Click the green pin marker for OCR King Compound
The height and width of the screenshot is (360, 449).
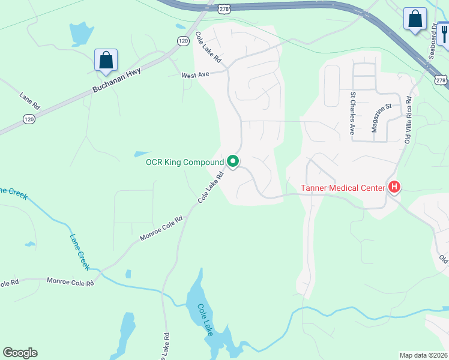(x=233, y=162)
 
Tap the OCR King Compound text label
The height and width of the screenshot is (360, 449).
(x=184, y=162)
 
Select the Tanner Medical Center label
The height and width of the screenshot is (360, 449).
(x=342, y=188)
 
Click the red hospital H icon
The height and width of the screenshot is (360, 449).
(x=394, y=188)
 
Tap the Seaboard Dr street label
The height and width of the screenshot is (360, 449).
(x=432, y=42)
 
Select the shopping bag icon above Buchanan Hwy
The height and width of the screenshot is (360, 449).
(x=106, y=60)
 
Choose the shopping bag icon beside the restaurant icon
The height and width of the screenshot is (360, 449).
(x=415, y=19)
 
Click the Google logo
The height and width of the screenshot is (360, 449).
(x=20, y=353)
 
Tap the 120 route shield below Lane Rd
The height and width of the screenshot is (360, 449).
(x=28, y=119)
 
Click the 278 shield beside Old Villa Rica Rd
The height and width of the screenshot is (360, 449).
(x=441, y=80)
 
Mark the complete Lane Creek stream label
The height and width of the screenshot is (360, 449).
(x=79, y=251)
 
